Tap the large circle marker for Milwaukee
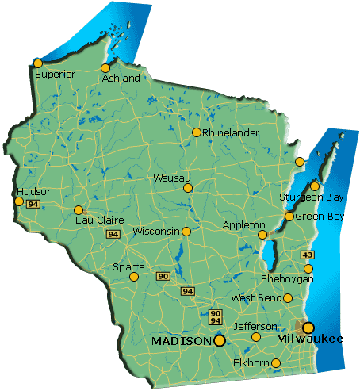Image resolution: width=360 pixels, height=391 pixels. click(x=308, y=328)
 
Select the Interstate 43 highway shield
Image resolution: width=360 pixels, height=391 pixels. click(x=307, y=254)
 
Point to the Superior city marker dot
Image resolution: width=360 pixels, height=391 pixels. click(x=37, y=63)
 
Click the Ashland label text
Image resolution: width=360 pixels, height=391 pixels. click(x=121, y=79)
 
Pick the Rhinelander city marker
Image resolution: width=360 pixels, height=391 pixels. click(x=197, y=132)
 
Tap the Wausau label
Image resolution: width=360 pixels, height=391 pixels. click(x=171, y=178)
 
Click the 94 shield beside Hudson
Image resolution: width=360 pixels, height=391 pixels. click(x=33, y=204)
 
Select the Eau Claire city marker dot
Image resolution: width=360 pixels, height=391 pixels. click(x=79, y=210)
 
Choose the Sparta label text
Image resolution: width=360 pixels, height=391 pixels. click(x=128, y=266)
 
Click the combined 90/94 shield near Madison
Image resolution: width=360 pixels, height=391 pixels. click(x=216, y=317)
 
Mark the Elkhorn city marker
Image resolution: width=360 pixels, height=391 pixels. click(x=275, y=363)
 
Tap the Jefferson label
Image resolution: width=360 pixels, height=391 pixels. click(x=255, y=326)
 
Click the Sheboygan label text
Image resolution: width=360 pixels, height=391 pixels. click(x=287, y=279)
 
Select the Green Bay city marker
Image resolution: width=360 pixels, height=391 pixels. click(x=289, y=216)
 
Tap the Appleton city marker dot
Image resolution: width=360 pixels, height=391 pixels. click(x=262, y=235)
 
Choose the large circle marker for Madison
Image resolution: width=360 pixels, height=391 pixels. click(x=220, y=340)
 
